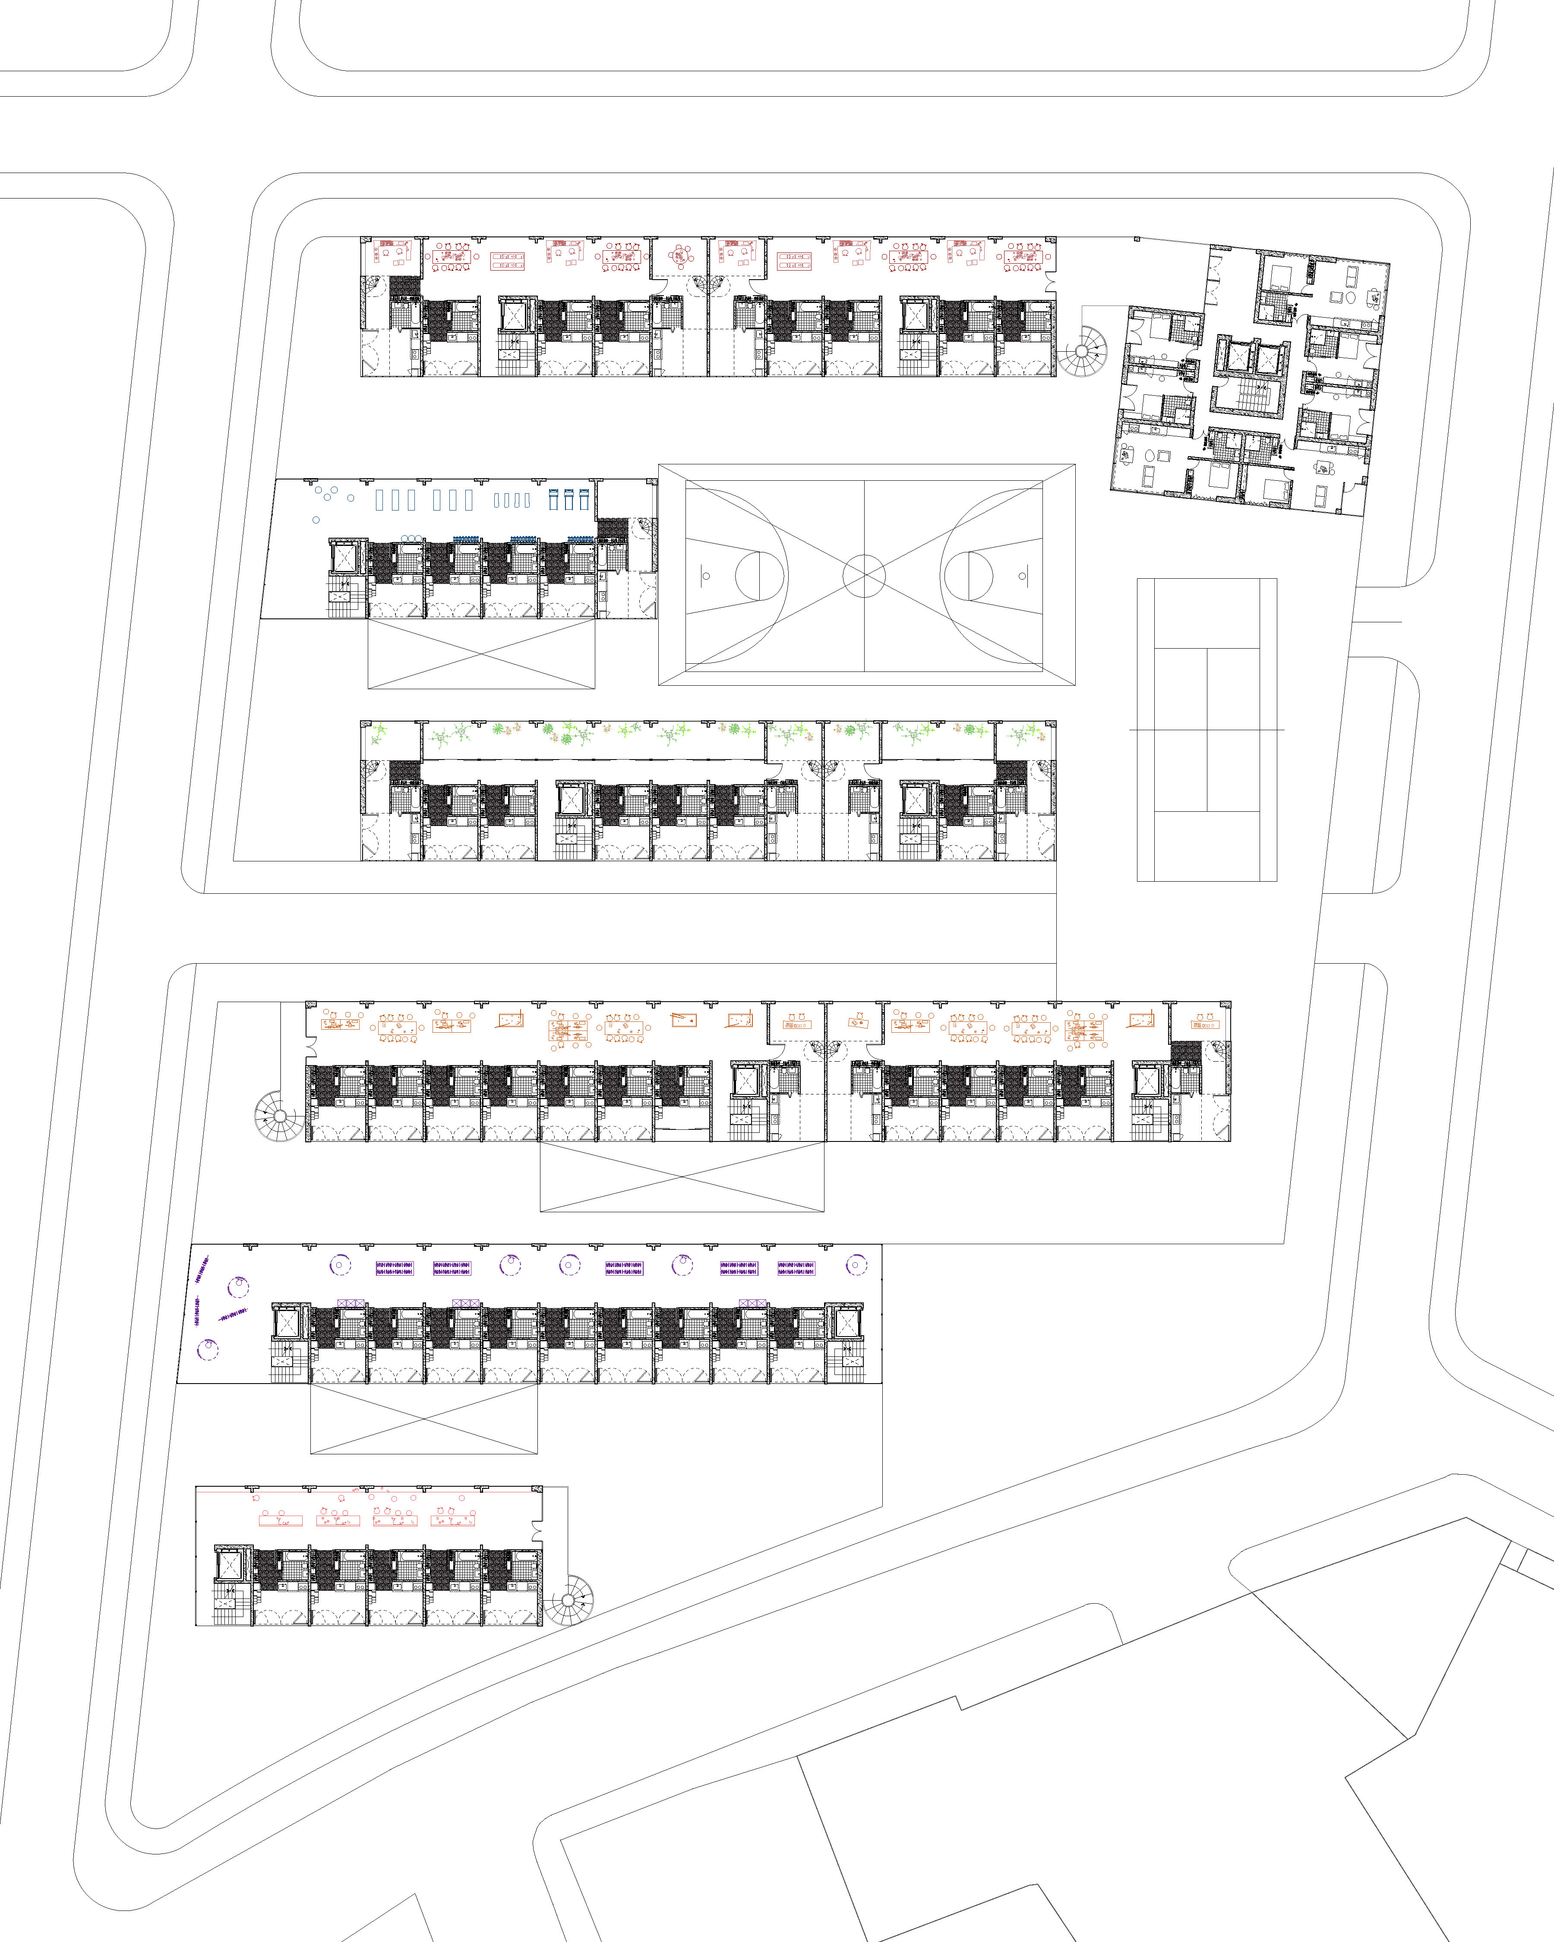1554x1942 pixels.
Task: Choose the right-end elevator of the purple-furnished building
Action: click(x=849, y=1322)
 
